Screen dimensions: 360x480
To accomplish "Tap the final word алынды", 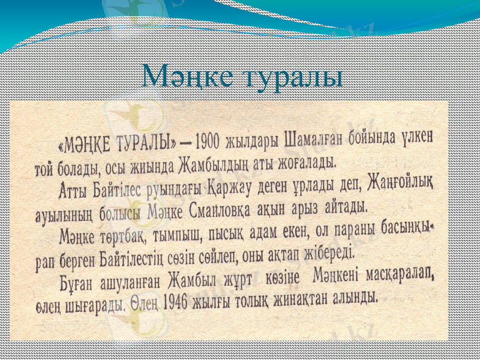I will (357, 298).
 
